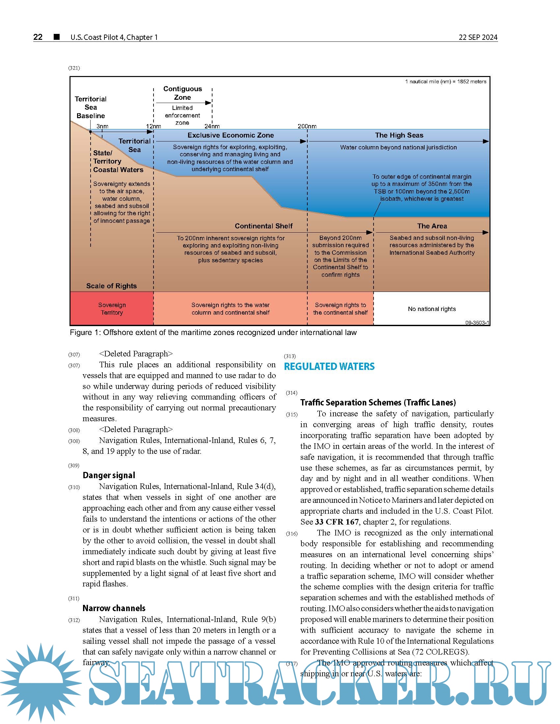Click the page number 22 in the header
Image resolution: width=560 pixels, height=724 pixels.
(38, 37)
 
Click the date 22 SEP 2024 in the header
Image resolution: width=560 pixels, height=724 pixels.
(478, 37)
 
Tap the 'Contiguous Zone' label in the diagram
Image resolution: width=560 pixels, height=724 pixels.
(182, 93)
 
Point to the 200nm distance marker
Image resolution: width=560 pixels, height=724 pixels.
(307, 126)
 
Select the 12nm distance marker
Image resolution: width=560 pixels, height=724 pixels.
(154, 126)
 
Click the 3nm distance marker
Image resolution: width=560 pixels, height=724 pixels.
(102, 126)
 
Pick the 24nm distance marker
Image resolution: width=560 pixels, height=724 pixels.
(212, 126)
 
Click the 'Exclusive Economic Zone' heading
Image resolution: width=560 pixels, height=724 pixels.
(231, 135)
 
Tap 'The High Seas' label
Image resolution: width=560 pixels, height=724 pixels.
(399, 135)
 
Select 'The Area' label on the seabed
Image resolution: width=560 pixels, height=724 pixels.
(432, 226)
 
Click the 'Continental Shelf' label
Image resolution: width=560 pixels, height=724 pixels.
(264, 226)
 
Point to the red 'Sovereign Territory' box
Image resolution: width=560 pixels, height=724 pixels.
(112, 309)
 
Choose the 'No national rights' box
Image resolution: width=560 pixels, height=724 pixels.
(432, 309)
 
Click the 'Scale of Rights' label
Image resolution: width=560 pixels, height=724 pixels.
(111, 286)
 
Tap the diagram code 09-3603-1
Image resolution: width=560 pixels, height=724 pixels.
(477, 323)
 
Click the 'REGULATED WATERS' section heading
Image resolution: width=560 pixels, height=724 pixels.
(329, 366)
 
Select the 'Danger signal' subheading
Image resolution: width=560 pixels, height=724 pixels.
(109, 476)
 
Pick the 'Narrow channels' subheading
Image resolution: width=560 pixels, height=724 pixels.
(114, 608)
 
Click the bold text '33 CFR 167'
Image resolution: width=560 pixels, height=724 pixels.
(336, 522)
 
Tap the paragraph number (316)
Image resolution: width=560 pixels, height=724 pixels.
(292, 534)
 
